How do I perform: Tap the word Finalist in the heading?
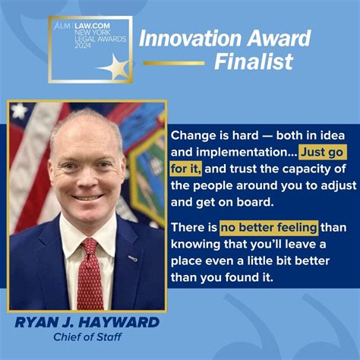coord(253,62)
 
